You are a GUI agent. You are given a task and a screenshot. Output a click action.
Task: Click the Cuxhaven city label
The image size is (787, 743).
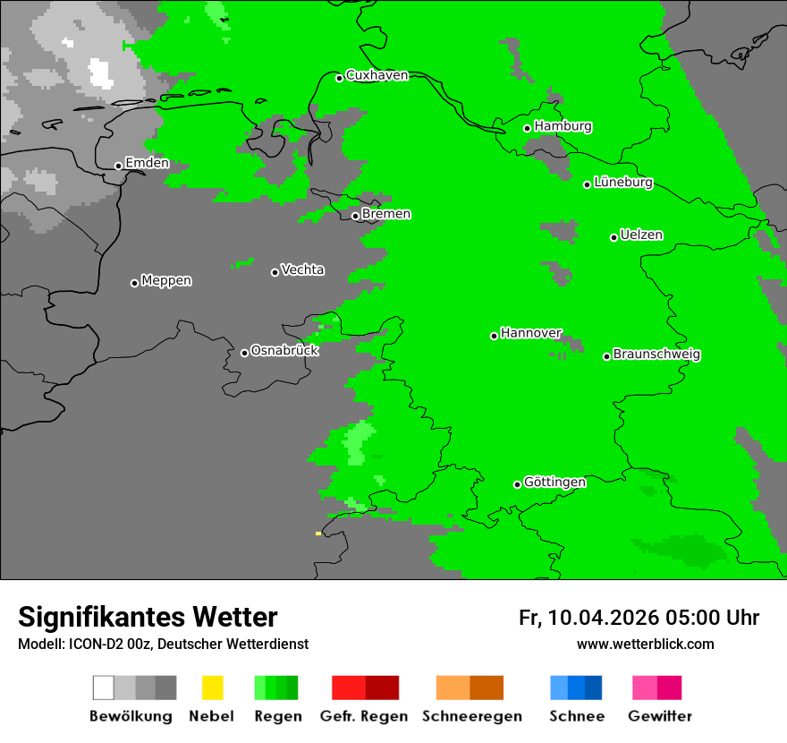(x=377, y=76)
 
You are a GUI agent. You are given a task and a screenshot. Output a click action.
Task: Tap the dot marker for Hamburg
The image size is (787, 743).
(x=528, y=128)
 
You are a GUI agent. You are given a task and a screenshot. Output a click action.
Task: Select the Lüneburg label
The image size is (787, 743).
(x=622, y=183)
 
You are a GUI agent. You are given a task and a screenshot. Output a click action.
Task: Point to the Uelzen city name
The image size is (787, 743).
(x=641, y=235)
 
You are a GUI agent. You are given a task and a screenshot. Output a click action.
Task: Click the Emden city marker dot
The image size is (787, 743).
(x=118, y=166)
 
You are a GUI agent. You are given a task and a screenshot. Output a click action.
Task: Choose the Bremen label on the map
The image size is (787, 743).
(x=385, y=214)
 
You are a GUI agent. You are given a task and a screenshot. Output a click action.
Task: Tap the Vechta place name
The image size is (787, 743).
(x=302, y=270)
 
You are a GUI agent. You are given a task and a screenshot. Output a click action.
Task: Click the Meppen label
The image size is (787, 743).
(x=166, y=281)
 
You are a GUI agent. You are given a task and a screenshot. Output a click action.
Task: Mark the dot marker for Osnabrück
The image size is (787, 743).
(x=244, y=353)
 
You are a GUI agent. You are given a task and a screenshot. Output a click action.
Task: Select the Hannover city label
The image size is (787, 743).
(x=530, y=333)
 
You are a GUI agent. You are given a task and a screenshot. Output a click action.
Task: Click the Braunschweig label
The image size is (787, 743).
(x=656, y=354)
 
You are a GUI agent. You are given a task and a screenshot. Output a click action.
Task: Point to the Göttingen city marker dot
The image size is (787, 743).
(x=517, y=484)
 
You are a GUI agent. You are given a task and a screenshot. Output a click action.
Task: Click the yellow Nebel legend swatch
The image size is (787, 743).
(x=212, y=687)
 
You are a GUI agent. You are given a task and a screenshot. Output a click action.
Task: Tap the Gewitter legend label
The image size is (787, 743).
(x=659, y=716)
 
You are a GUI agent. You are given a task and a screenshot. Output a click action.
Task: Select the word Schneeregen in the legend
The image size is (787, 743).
(x=471, y=716)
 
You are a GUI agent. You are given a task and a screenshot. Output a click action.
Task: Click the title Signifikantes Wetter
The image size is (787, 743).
(x=148, y=617)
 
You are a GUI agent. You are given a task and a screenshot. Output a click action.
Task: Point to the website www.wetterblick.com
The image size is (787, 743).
(x=645, y=644)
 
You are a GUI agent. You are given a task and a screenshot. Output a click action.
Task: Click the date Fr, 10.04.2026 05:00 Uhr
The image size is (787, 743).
(x=639, y=618)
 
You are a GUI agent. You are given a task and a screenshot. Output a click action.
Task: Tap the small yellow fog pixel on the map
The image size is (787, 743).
(x=317, y=534)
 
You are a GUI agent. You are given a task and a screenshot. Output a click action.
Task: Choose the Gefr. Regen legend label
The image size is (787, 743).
(x=364, y=716)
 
